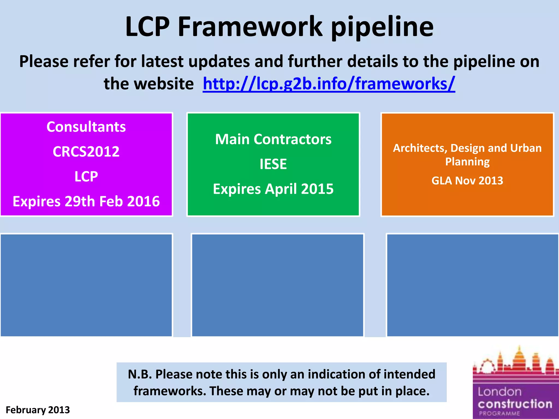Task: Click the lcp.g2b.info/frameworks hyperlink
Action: click(329, 84)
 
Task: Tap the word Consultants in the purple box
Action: click(86, 127)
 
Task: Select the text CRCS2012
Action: click(86, 152)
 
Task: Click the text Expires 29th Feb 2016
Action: click(86, 201)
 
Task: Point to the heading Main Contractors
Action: click(273, 139)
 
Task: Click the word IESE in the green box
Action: click(273, 164)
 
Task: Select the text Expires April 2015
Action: click(273, 189)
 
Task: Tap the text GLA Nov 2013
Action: click(467, 181)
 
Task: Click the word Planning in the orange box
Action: click(467, 161)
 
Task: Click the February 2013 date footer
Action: click(38, 410)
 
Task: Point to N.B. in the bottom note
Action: click(140, 374)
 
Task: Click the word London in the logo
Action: click(499, 392)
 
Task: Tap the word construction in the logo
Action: click(515, 404)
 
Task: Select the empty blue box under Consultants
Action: click(86, 285)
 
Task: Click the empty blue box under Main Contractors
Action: click(278, 285)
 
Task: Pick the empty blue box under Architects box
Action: click(472, 285)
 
